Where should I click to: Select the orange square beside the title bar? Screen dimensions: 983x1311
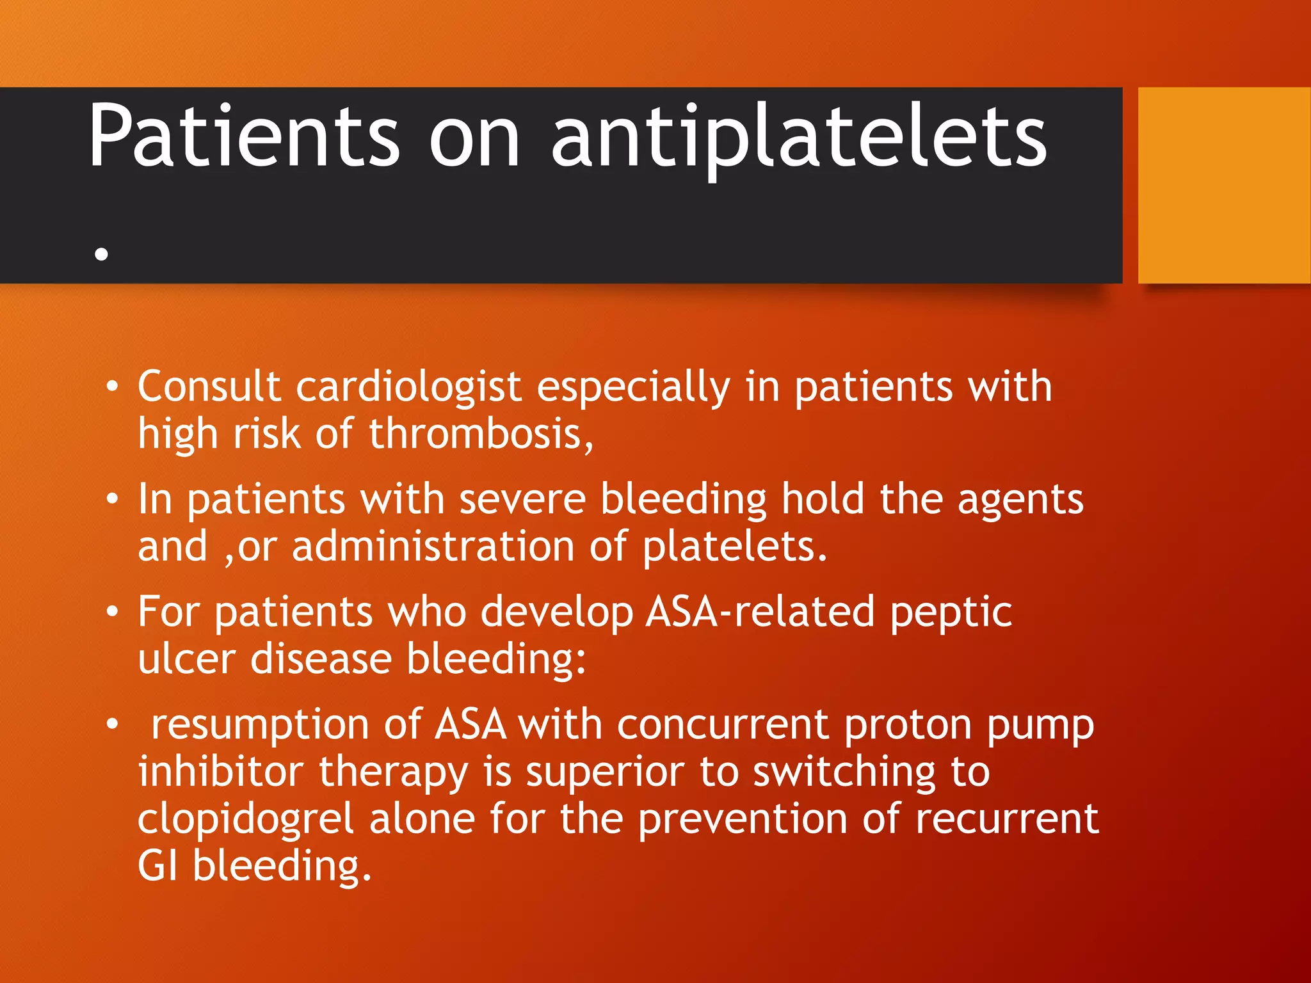tap(1224, 185)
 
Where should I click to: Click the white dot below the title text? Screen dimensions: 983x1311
tap(101, 254)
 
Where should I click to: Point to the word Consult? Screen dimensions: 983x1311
tap(209, 387)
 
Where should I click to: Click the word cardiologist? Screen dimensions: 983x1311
tap(408, 388)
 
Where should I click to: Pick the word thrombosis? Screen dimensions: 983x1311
tap(481, 434)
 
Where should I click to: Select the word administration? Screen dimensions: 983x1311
tap(433, 547)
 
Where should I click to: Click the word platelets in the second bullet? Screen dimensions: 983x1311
tap(734, 548)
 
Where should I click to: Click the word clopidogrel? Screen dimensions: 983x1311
tap(246, 820)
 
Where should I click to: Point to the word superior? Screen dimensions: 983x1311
tap(605, 773)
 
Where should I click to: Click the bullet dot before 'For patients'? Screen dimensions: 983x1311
tap(113, 612)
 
